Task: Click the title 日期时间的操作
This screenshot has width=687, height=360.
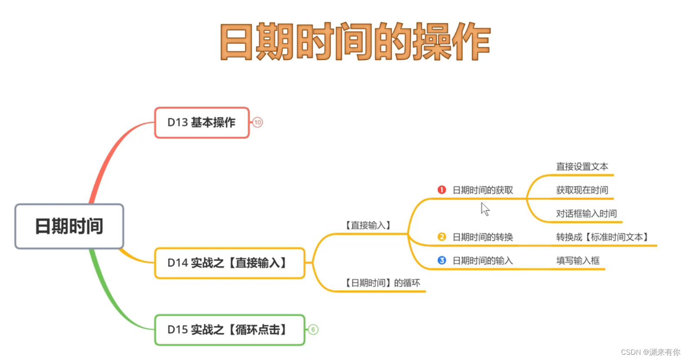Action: coord(355,42)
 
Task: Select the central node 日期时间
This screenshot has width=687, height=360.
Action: coord(69,226)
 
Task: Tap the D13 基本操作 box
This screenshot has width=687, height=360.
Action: coord(202,122)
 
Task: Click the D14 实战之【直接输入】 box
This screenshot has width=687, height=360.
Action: coord(230,263)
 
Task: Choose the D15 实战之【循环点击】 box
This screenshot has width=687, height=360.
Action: coord(230,330)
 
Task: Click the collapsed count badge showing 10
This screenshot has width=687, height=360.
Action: coord(258,122)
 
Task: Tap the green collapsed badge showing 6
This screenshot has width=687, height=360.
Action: coord(313,330)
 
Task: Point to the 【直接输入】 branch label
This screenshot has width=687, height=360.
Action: coord(368,225)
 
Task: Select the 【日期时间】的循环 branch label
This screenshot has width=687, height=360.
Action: coord(382,283)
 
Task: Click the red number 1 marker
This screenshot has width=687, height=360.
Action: coord(442,190)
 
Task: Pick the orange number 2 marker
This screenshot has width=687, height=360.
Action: coord(442,237)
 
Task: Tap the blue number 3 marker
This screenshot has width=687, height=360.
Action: coord(442,260)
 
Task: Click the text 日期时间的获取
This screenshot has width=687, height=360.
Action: coord(482,190)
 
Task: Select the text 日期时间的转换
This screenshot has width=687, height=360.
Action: coord(482,237)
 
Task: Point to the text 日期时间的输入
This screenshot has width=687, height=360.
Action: coord(482,261)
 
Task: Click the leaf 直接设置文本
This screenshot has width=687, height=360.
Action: coord(582,167)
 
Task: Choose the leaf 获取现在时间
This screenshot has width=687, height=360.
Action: coord(582,190)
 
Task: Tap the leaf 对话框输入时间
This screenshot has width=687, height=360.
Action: coord(586,214)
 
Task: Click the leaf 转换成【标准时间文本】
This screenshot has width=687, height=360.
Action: coord(603,237)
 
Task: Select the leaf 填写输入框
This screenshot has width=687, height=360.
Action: coord(578,261)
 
